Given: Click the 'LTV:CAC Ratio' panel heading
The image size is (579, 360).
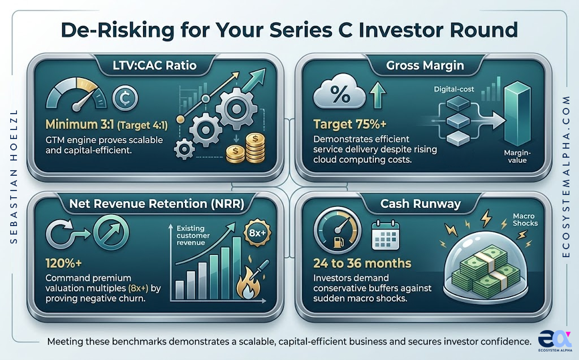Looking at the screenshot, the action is click(154, 66).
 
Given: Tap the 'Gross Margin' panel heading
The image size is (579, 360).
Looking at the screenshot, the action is click(425, 66).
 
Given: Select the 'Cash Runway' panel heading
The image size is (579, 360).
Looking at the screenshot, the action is click(421, 204).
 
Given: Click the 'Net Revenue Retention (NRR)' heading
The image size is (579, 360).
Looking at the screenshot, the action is click(157, 204).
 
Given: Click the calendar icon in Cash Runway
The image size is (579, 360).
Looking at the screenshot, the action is click(385, 236).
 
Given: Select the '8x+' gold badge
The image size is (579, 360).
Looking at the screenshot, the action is click(257, 233).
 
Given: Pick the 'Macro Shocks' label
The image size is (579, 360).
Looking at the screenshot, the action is click(525, 220).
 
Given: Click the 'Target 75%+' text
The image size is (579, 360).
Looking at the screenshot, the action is click(349, 124).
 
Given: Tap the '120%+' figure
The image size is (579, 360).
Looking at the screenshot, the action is click(63, 263).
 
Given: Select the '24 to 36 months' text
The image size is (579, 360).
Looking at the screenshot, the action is click(362, 263).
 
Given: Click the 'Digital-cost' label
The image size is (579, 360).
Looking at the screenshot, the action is click(454, 89).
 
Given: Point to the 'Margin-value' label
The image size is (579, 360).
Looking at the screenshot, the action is click(517, 157).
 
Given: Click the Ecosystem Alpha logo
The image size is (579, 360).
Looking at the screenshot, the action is click(555, 339).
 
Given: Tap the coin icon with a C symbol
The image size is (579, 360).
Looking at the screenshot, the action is click(125, 98).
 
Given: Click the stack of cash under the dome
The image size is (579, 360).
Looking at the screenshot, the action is click(486, 271).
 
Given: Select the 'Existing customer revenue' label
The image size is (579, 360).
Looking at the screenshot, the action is click(193, 235).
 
